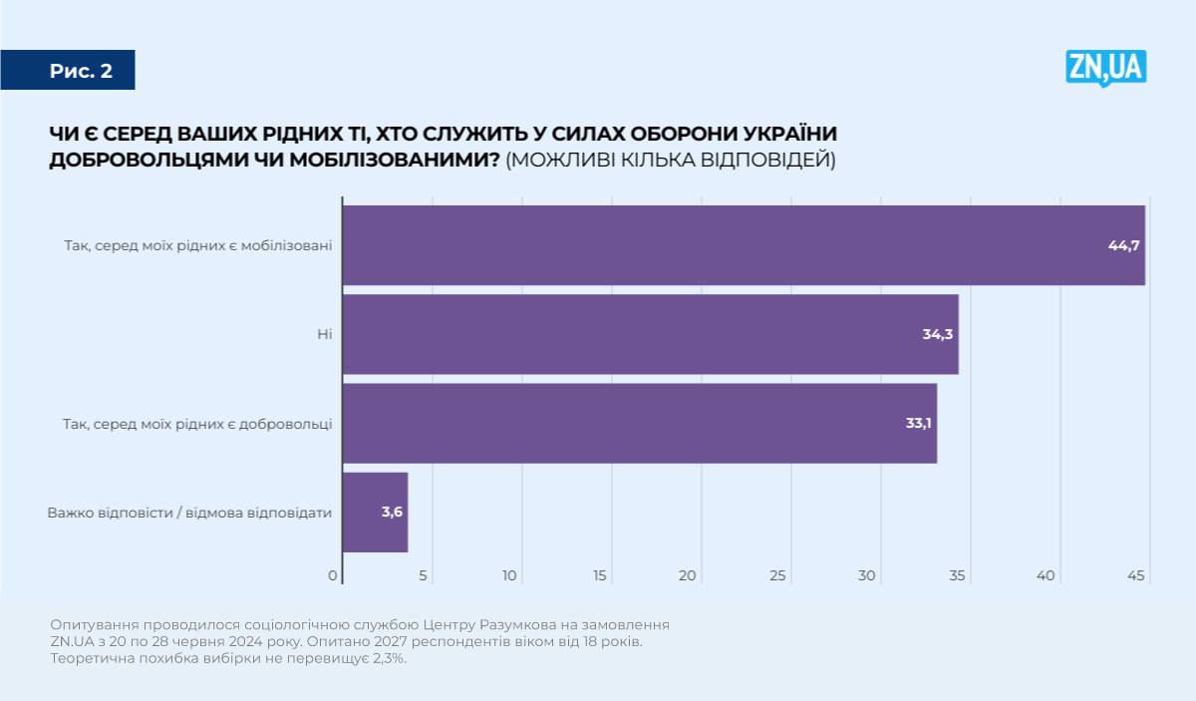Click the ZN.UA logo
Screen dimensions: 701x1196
point(1105,68)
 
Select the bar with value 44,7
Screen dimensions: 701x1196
point(743,245)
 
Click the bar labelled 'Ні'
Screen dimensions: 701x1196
point(650,334)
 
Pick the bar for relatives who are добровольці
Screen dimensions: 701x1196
point(639,423)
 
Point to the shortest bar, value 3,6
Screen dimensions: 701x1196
point(375,513)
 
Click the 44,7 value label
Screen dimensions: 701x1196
point(1123,245)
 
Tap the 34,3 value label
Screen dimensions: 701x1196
point(938,334)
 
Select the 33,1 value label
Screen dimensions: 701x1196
point(918,423)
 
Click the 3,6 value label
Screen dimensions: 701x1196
point(391,513)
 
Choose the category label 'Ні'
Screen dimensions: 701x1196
point(324,334)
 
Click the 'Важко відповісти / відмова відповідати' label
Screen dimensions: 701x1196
point(189,513)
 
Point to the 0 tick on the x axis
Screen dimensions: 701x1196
point(333,575)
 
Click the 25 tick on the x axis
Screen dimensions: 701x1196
point(778,575)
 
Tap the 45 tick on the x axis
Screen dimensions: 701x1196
point(1135,575)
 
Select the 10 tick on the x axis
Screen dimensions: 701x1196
point(510,575)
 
